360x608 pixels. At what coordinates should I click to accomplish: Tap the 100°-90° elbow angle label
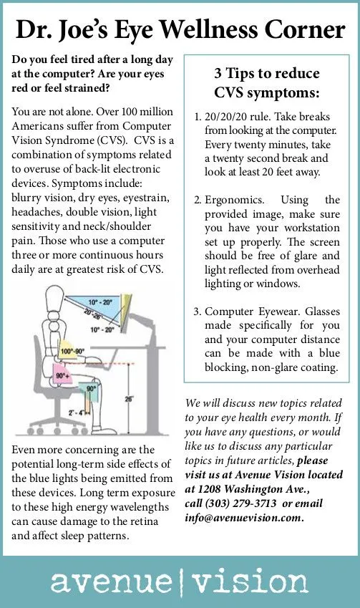click(72, 352)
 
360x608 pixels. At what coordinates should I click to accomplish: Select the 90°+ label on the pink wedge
click(63, 376)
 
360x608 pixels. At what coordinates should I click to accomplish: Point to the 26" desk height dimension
click(129, 398)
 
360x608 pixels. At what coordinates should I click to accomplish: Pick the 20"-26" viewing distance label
click(92, 315)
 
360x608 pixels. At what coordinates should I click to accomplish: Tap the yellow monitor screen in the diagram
click(125, 310)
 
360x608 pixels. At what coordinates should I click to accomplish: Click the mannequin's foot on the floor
click(102, 429)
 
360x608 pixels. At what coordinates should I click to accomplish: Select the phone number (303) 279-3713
click(240, 503)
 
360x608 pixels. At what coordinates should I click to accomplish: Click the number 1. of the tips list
click(198, 117)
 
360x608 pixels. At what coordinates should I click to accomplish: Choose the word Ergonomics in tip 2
click(234, 200)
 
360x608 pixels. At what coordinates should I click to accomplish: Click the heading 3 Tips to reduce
click(267, 73)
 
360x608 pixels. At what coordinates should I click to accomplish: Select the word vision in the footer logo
click(250, 581)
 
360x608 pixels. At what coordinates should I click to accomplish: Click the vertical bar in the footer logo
click(182, 582)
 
